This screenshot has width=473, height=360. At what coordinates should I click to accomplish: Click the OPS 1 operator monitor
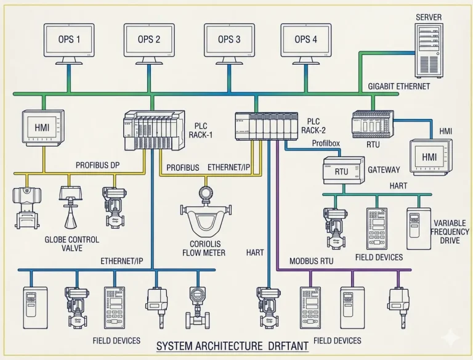coord(69,40)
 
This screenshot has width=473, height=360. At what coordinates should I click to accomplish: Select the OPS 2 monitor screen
coord(149,40)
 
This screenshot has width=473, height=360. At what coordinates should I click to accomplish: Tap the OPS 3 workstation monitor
coord(229,40)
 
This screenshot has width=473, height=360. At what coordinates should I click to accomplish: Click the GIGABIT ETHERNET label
coord(398,87)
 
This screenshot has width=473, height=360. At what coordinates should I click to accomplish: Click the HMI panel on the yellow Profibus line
coord(42,128)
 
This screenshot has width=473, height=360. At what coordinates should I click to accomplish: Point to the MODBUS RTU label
coord(312,261)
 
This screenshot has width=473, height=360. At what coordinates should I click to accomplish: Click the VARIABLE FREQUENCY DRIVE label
coord(450,232)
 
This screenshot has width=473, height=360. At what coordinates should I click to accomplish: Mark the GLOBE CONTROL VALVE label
coord(72,244)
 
